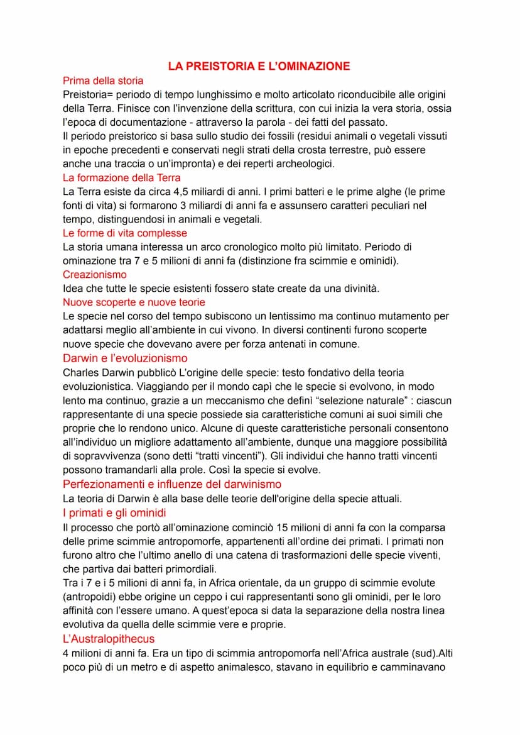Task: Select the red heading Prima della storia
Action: (103, 80)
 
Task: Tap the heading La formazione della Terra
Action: (122, 178)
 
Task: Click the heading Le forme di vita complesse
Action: (124, 233)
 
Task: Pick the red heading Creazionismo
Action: (94, 275)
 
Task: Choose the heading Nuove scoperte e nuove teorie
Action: (134, 302)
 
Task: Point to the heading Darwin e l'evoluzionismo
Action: (125, 358)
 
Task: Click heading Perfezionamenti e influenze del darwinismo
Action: (172, 484)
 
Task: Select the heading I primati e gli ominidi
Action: (114, 512)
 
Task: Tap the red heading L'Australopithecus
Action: (109, 638)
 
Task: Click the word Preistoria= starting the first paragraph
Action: (88, 94)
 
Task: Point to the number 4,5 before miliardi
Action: (183, 192)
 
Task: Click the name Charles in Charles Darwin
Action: (81, 372)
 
